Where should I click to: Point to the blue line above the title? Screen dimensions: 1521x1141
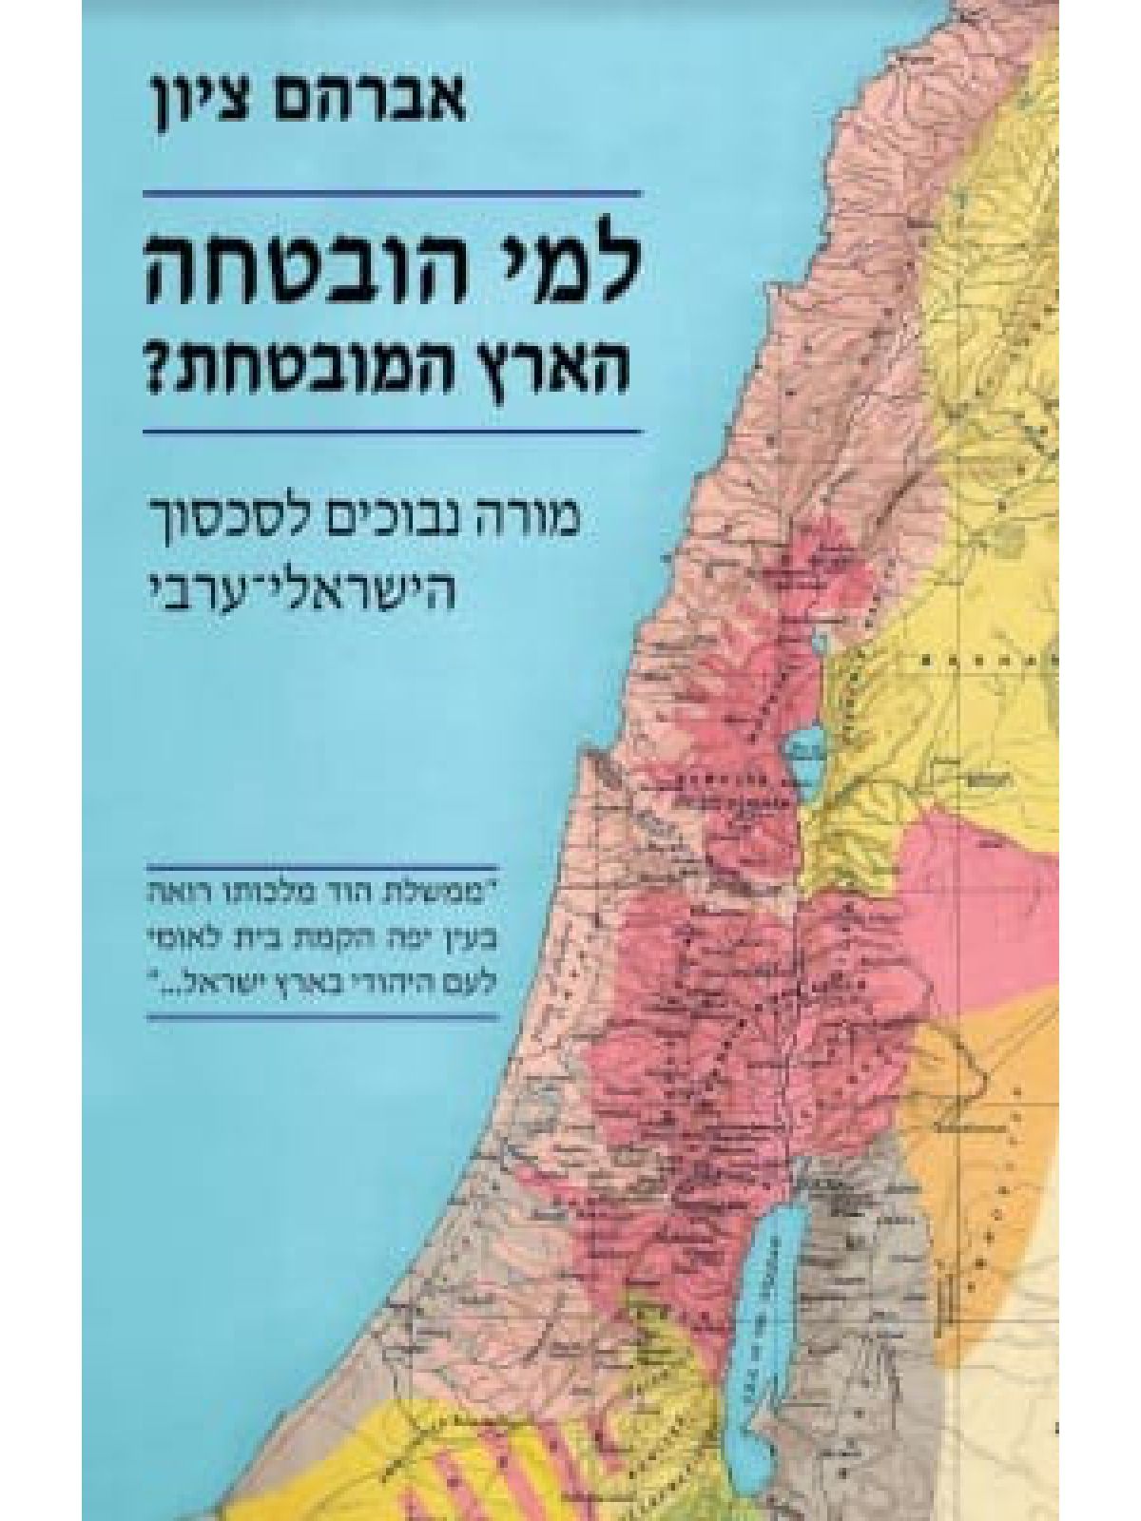click(392, 194)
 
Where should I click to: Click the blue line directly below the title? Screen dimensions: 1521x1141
click(392, 431)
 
